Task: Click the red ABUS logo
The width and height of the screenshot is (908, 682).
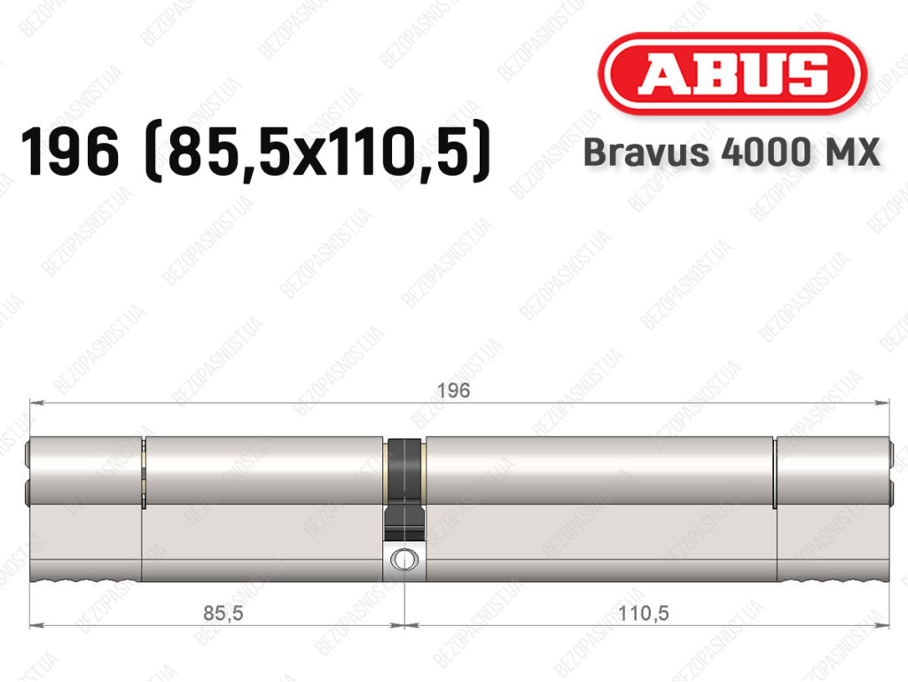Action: [732, 74]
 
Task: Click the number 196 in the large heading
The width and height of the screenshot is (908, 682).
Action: [70, 152]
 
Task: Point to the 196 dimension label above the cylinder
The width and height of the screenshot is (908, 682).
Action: [453, 390]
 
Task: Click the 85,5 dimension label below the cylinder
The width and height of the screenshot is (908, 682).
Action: [223, 613]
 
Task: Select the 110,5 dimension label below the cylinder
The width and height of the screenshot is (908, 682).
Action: [644, 613]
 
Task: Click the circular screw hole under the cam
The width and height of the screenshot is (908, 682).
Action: [403, 560]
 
